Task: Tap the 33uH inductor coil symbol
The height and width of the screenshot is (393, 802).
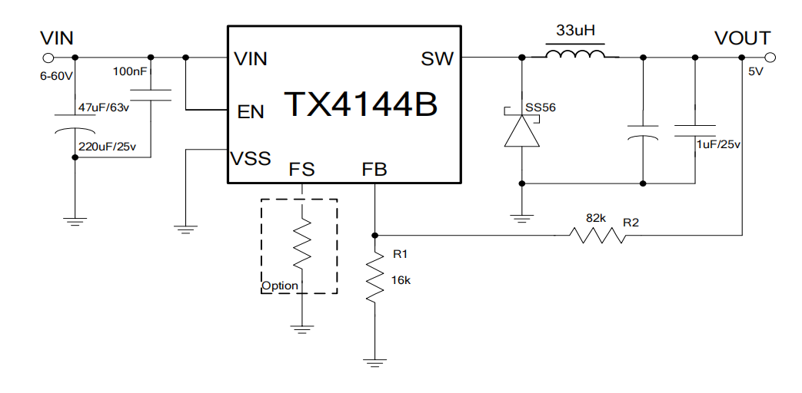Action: pos(574,56)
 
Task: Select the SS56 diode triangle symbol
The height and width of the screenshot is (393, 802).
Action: pos(522,132)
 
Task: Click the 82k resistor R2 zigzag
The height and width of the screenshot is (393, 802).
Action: pos(597,235)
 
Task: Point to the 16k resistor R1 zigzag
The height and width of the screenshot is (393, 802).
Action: pos(374,278)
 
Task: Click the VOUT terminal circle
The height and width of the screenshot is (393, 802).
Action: pos(770,58)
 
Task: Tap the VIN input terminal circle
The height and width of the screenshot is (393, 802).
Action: pos(48,58)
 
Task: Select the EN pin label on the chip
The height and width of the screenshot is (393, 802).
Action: pos(251,112)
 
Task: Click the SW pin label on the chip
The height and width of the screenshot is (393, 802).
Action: pos(438,58)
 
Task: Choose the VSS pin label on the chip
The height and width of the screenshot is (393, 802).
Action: pos(251,159)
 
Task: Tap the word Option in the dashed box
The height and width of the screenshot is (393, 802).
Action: pos(280,286)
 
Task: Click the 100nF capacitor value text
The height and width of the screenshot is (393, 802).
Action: pos(130,71)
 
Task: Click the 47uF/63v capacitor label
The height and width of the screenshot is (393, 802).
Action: pos(105,107)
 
